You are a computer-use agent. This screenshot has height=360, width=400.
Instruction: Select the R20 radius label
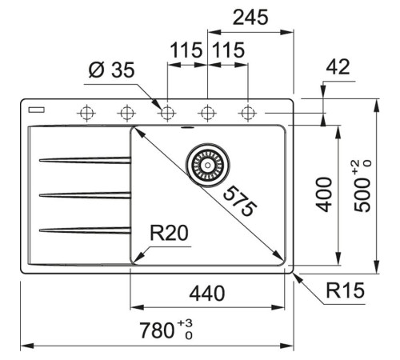pyautogui.click(x=170, y=234)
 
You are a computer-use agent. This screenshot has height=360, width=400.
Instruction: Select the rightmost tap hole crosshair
pyautogui.click(x=248, y=112)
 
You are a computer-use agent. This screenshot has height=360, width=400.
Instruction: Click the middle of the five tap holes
pyautogui.click(x=167, y=112)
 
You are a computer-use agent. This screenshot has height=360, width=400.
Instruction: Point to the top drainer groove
pyautogui.click(x=84, y=159)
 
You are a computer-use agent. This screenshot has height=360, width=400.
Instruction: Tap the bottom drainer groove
pyautogui.click(x=84, y=230)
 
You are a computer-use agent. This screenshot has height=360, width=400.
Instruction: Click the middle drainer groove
pyautogui.click(x=84, y=194)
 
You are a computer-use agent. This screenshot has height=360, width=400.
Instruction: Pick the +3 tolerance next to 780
pyautogui.click(x=188, y=323)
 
